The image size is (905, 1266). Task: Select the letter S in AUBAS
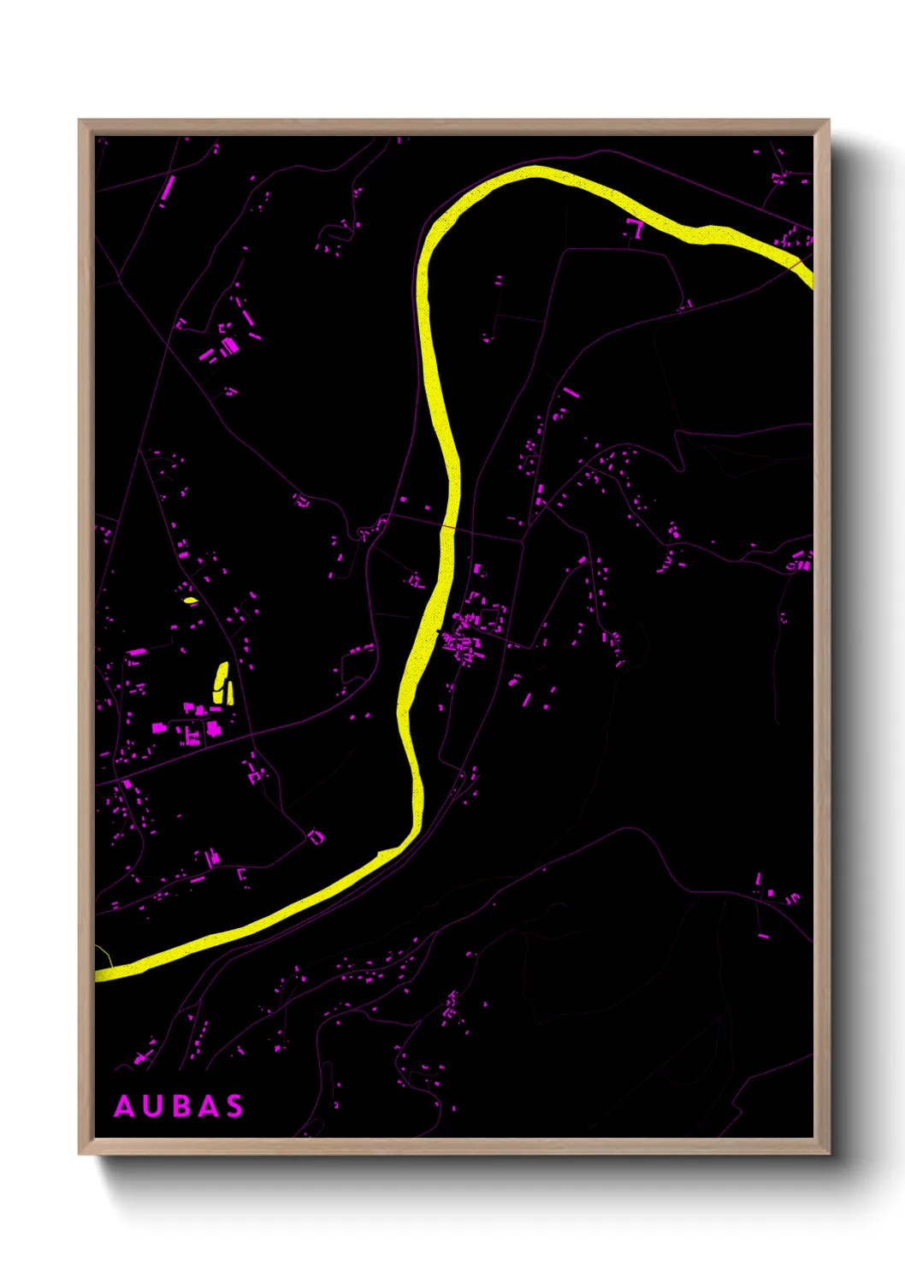click(234, 1106)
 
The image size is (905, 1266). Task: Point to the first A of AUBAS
click(125, 1106)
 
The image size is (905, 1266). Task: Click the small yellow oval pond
click(191, 600)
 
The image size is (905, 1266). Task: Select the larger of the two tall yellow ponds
click(220, 682)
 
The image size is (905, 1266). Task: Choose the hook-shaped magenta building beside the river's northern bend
click(635, 228)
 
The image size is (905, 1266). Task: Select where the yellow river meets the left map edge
click(98, 974)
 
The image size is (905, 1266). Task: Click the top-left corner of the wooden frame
click(80, 121)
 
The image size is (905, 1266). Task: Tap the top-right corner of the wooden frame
click(828, 121)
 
